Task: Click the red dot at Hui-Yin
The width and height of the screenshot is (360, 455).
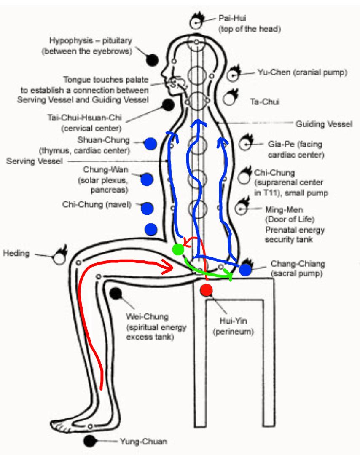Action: click(207, 290)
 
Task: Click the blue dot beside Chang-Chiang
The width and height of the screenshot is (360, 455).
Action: click(245, 270)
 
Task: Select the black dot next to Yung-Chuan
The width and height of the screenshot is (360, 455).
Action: click(89, 441)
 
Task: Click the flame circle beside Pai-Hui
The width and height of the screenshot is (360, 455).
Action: click(196, 21)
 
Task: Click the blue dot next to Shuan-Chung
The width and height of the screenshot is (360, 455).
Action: click(150, 144)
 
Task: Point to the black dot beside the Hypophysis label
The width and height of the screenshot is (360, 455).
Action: click(152, 60)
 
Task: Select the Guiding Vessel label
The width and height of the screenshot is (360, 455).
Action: click(323, 124)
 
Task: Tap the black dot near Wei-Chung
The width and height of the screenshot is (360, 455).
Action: click(116, 294)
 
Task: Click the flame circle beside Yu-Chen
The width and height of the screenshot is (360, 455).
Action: click(232, 75)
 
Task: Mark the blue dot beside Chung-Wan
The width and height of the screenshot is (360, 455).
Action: click(147, 179)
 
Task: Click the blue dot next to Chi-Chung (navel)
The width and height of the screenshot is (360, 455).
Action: click(147, 208)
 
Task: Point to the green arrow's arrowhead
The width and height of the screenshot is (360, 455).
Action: click(230, 276)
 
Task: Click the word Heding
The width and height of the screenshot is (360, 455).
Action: click(16, 253)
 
